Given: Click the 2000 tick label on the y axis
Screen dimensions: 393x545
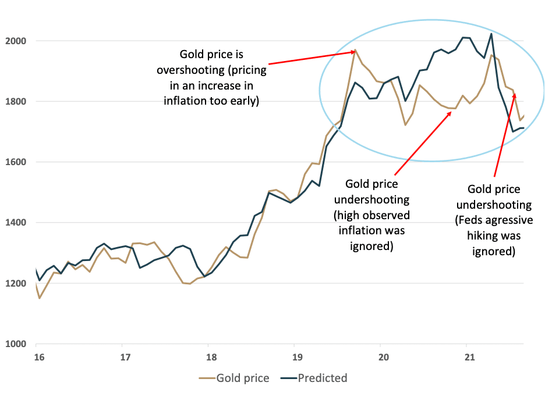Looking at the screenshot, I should coord(16,41).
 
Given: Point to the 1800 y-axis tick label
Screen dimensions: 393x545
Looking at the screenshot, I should coord(16,102).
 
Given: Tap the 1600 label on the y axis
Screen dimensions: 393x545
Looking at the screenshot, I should coord(16,162).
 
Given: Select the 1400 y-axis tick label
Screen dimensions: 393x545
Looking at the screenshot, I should coord(16,223).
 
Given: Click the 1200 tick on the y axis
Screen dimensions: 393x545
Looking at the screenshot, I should coord(16,284).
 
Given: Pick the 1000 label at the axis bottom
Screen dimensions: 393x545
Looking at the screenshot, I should coord(16,344).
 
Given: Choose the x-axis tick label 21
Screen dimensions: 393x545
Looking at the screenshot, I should coord(467,356).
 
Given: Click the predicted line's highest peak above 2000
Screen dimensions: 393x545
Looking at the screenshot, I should coord(491,34).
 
